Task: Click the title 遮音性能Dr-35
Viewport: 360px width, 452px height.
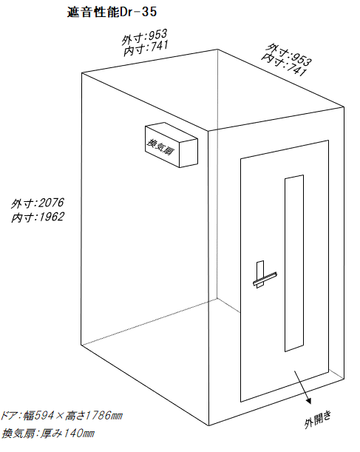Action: tap(112, 12)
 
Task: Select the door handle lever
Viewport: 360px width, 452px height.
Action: tap(265, 279)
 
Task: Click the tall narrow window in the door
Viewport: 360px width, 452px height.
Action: tap(294, 263)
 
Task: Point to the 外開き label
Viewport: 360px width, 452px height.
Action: tap(318, 419)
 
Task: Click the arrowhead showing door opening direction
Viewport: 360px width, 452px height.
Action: tap(308, 401)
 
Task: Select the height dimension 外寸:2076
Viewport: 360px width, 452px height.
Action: tap(37, 203)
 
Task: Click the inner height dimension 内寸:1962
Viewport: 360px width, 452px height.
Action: tap(38, 217)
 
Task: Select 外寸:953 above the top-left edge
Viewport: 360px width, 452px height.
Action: tap(144, 37)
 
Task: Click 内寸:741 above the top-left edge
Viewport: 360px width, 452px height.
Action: tap(146, 48)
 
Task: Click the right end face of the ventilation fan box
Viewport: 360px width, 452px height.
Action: tap(189, 153)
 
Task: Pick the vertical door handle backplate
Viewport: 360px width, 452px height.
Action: tap(260, 274)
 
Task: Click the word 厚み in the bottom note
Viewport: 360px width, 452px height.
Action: tap(51, 433)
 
